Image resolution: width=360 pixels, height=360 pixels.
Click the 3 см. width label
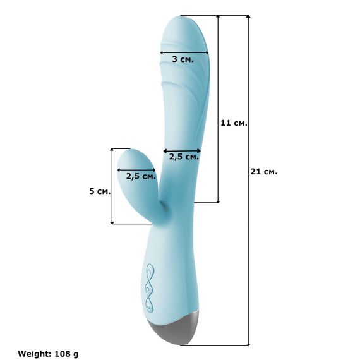183,59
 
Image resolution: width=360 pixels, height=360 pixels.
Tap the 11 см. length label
234,123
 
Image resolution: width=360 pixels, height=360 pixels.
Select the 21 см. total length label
264,172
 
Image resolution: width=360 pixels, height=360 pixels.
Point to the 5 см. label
100,191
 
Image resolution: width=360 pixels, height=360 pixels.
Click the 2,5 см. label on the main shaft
184,157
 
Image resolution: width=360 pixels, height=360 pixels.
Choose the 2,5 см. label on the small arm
141,176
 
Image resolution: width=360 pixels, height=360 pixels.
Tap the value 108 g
66,354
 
